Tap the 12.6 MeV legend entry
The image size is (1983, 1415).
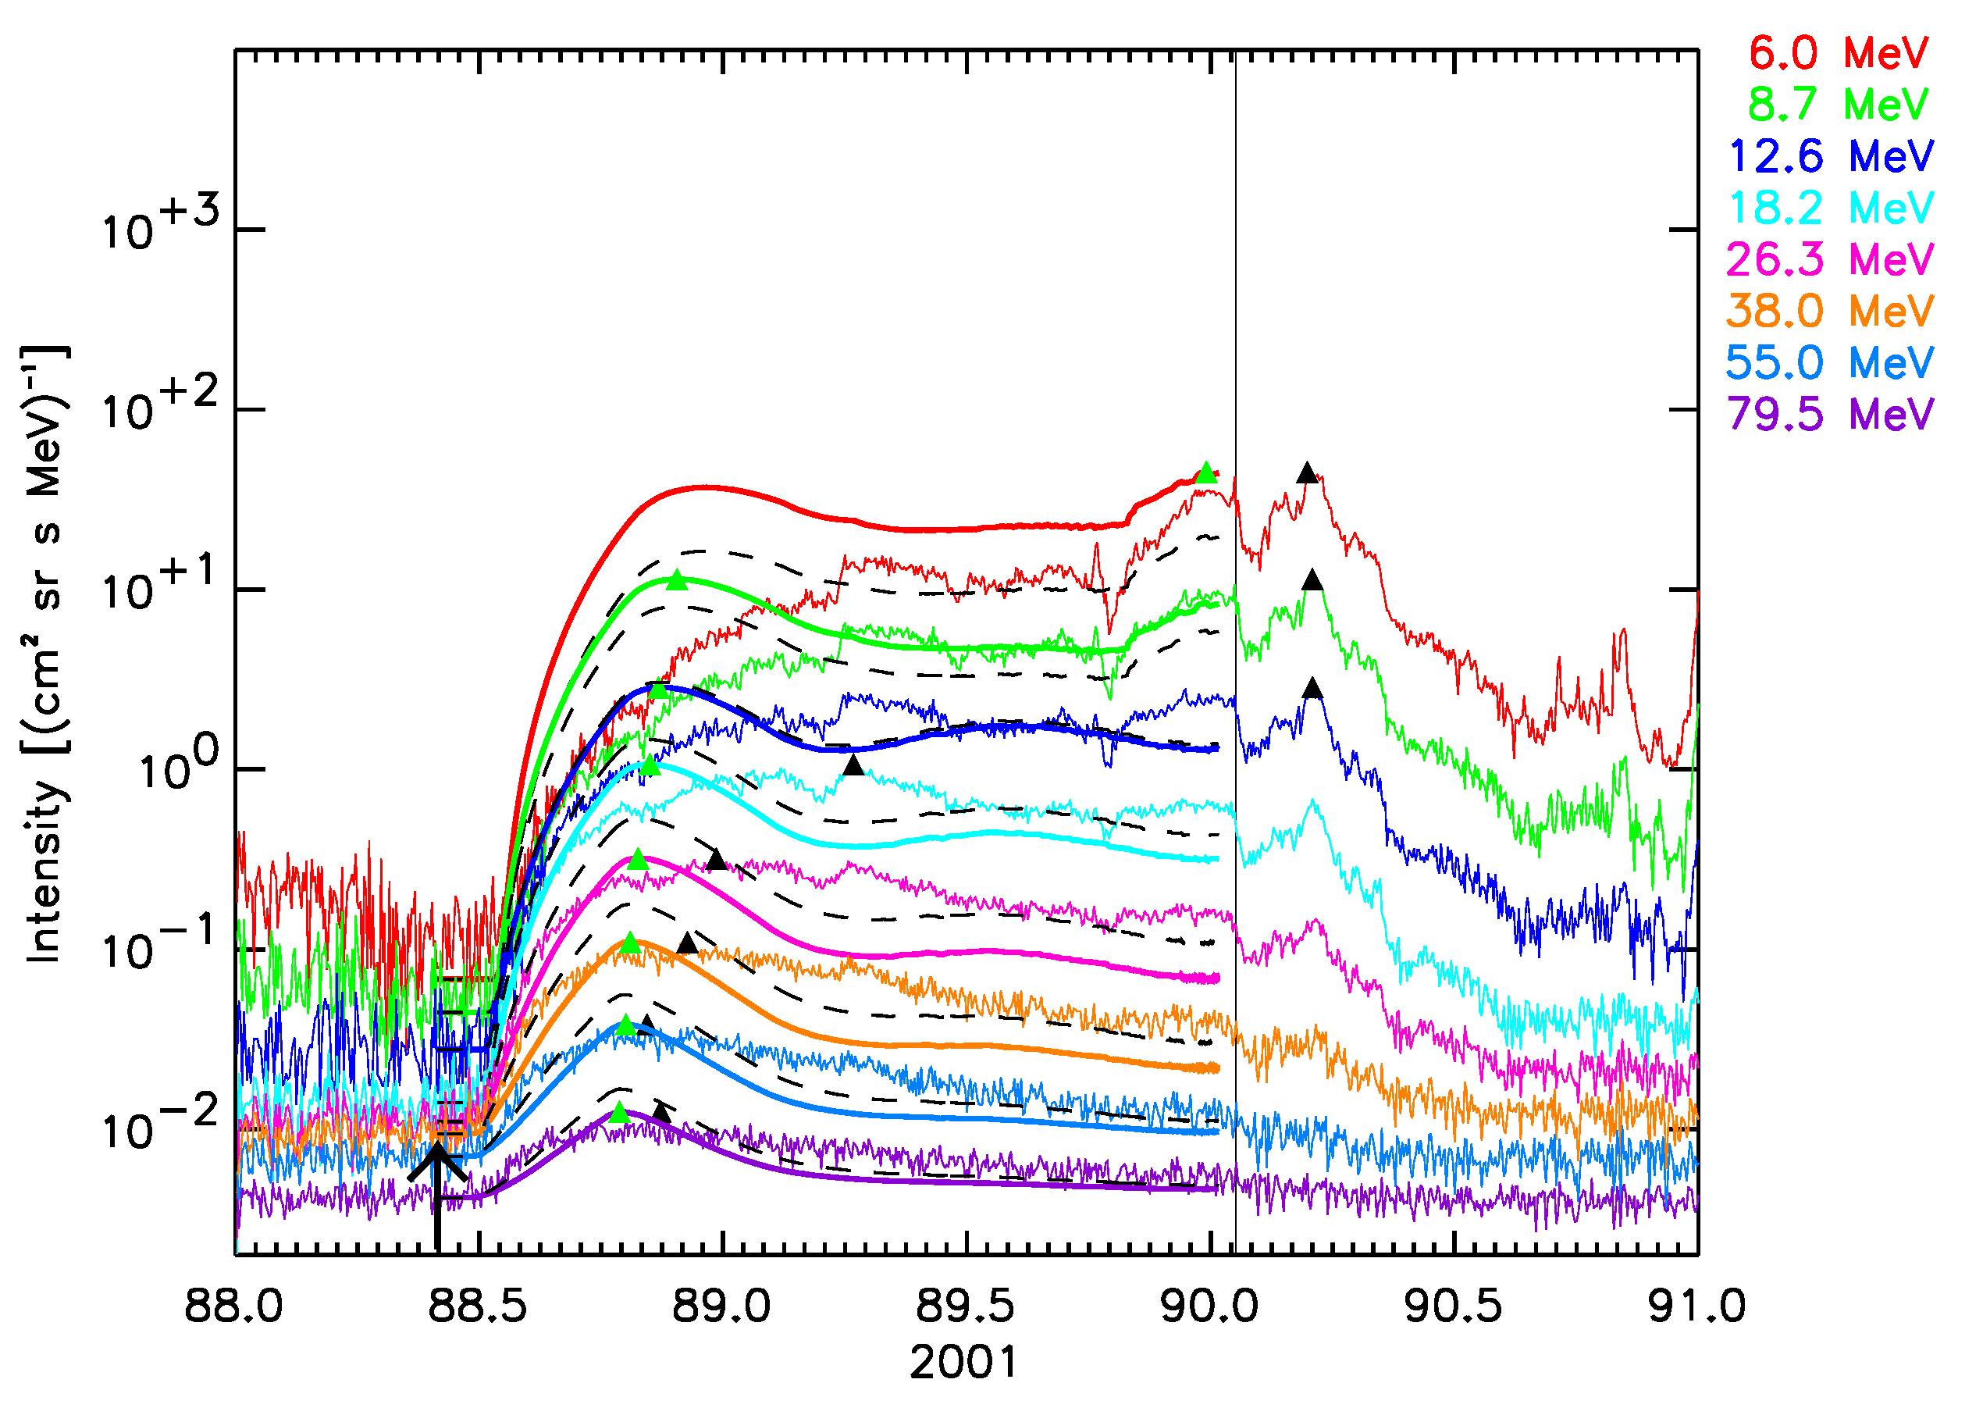click(x=1830, y=157)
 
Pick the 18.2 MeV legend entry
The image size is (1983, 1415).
click(x=1830, y=209)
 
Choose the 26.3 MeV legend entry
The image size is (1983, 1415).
click(x=1830, y=259)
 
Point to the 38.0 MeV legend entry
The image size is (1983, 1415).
click(x=1830, y=311)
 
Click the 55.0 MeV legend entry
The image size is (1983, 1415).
click(x=1830, y=362)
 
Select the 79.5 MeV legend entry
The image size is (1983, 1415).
click(x=1830, y=414)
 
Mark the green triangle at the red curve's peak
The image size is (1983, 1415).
click(x=1206, y=473)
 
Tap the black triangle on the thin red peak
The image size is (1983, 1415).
click(x=1306, y=473)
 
